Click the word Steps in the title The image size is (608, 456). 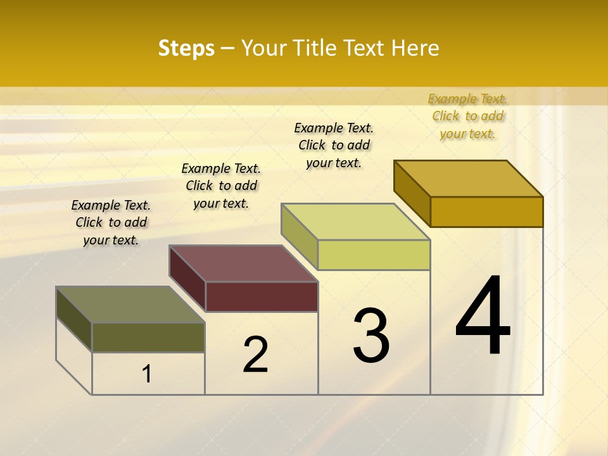click(186, 48)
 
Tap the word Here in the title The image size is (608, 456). click(415, 48)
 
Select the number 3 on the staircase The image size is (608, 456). click(371, 336)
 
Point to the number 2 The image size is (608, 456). click(256, 355)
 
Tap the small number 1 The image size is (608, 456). click(147, 374)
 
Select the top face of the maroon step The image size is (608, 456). click(243, 263)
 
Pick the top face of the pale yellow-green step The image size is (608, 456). click(356, 222)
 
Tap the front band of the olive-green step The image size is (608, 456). click(148, 338)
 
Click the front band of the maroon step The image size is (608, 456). click(262, 296)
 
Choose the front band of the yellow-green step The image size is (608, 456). click(374, 255)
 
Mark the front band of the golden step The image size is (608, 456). click(486, 212)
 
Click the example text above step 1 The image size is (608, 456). click(111, 222)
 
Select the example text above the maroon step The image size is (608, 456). click(221, 186)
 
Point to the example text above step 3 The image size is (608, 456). click(334, 145)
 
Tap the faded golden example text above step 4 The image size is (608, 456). click(467, 116)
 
